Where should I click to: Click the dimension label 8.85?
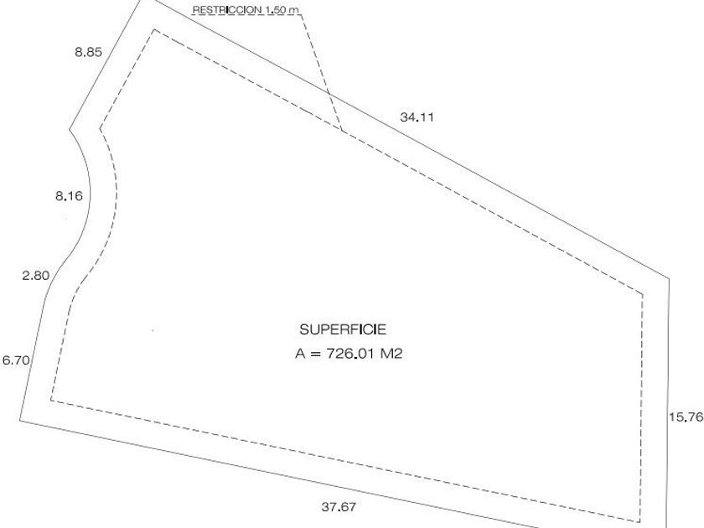pos(89,52)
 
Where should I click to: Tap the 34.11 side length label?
pos(417,117)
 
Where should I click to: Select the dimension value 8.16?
pos(69,196)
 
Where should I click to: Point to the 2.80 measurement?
pos(35,275)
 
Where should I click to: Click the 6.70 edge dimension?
pos(16,360)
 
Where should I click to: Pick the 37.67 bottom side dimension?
pos(339,507)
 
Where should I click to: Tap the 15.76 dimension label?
pos(686,417)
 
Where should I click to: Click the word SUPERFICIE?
pos(343,329)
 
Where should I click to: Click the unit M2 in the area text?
pos(391,354)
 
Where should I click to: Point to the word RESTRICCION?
pos(227,10)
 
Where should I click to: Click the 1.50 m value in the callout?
pos(282,10)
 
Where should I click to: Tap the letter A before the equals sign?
pos(300,354)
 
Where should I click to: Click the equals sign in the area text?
pos(316,354)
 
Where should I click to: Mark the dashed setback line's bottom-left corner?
pos(51,400)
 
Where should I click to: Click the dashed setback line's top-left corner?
pos(154,30)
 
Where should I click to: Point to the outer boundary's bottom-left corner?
pos(20,420)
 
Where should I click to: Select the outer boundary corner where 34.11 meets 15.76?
pos(669,278)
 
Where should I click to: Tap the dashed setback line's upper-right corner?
pos(643,294)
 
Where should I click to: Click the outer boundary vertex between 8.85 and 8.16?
pos(70,129)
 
